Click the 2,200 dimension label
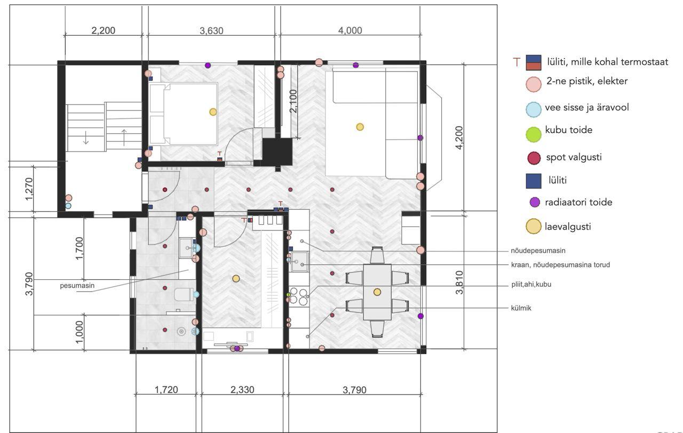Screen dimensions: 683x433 [104, 30]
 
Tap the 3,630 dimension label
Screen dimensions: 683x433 [212, 30]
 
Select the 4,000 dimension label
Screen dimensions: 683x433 [350, 30]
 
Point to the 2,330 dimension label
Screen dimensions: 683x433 [242, 390]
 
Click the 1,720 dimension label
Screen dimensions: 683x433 [166, 390]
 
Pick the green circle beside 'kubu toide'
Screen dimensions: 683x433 [534, 134]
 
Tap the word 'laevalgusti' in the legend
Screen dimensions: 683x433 [568, 227]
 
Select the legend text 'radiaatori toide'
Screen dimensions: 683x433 [579, 202]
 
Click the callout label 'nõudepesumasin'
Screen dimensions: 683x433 [538, 250]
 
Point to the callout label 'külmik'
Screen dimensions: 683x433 [521, 308]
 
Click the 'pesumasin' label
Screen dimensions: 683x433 [77, 286]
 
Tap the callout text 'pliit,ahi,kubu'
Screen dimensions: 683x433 [531, 285]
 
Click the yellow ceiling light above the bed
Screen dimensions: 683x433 [213, 112]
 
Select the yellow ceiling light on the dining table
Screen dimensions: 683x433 [377, 292]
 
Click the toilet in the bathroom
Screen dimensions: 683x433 [184, 295]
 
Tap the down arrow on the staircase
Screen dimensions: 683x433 [86, 138]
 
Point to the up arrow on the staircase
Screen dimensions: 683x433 [124, 138]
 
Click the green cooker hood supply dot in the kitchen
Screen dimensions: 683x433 [289, 295]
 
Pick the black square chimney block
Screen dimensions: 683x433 [277, 152]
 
